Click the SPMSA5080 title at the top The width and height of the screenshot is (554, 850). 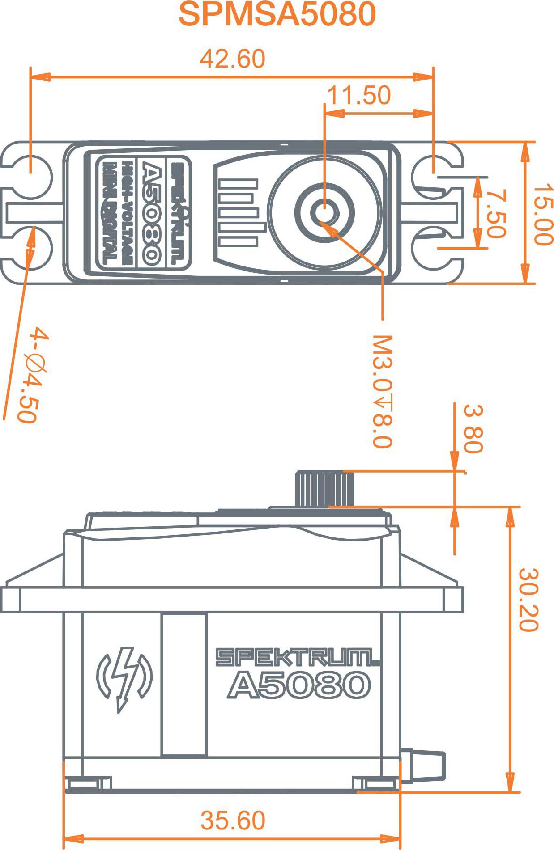277,14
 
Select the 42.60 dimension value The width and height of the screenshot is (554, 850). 233,59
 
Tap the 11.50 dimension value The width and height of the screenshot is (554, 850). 359,95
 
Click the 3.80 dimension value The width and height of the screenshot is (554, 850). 473,429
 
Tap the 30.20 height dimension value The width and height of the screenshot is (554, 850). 528,600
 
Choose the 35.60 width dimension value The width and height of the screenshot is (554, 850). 233,820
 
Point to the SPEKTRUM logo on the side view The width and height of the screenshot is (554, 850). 297,657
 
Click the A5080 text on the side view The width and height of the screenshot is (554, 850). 299,685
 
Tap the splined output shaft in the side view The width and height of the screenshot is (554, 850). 324,489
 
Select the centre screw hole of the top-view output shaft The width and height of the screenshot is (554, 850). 324,212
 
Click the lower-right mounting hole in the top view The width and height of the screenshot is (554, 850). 433,248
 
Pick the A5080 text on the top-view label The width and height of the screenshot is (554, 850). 151,213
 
